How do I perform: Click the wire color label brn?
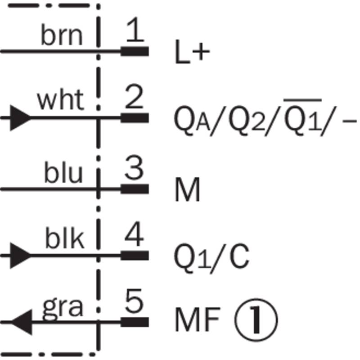(x=62, y=35)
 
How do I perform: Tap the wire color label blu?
(x=63, y=172)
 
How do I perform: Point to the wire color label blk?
(x=64, y=238)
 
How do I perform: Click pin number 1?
(x=135, y=29)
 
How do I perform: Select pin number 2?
(x=134, y=96)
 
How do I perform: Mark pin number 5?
(x=135, y=301)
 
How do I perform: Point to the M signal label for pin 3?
(x=188, y=189)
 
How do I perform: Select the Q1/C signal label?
(x=211, y=259)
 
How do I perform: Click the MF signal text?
(x=198, y=320)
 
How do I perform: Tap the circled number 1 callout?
(x=256, y=320)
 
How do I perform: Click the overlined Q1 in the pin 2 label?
(x=302, y=117)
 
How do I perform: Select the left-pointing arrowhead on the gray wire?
(x=22, y=322)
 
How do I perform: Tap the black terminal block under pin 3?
(x=135, y=189)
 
